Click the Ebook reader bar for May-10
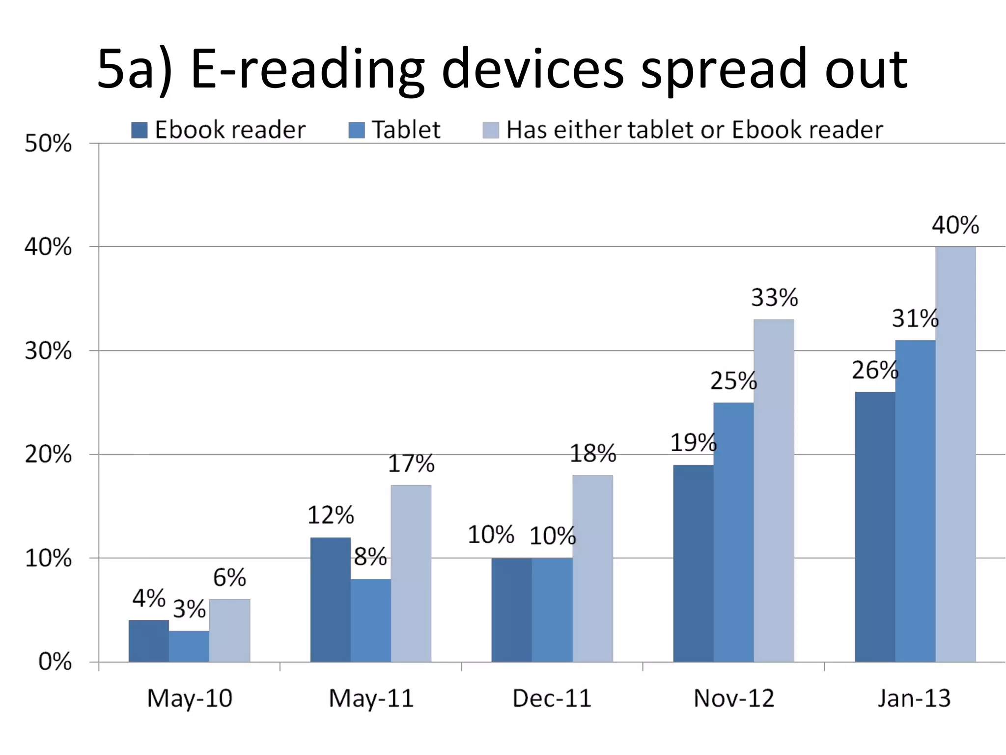tap(149, 641)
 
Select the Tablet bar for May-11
tap(371, 620)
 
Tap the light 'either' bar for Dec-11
tap(592, 568)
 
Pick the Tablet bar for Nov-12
tap(733, 532)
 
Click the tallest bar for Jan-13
tap(955, 454)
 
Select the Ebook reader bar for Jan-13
tap(875, 527)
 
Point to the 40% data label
tap(955, 225)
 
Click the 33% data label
tap(774, 297)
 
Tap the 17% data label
tap(411, 464)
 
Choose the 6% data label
tap(229, 578)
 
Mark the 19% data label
tap(693, 443)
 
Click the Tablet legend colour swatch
tap(357, 130)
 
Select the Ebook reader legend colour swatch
tap(140, 130)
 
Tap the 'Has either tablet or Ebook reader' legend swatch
tap(491, 130)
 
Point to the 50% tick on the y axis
tap(48, 144)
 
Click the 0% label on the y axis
tap(55, 662)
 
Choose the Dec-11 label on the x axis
tap(552, 698)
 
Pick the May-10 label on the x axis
tap(190, 698)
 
